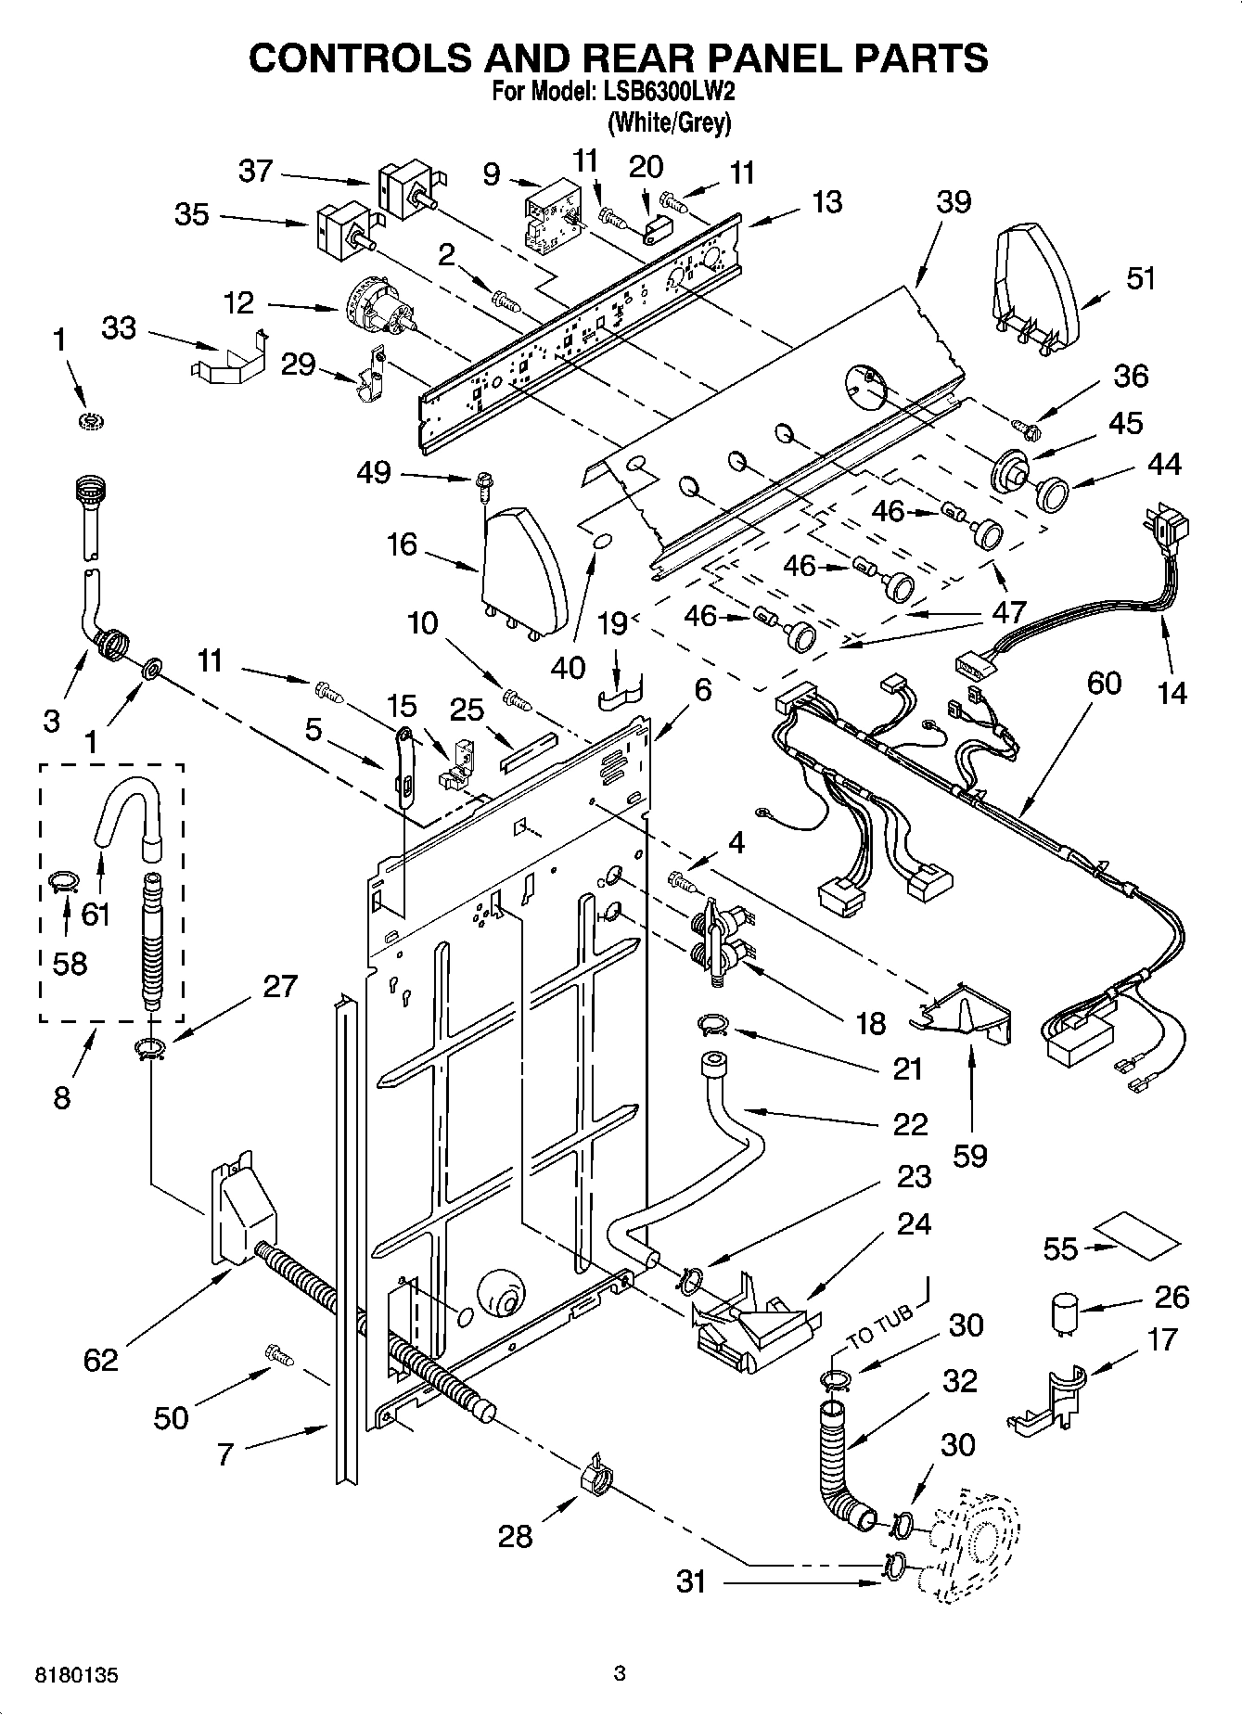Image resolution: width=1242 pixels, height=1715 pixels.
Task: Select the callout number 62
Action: [101, 1360]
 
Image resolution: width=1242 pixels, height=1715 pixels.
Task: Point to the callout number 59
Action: [969, 1156]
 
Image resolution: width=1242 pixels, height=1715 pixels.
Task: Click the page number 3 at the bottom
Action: [620, 1674]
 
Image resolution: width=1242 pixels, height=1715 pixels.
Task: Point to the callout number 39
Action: [953, 201]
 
